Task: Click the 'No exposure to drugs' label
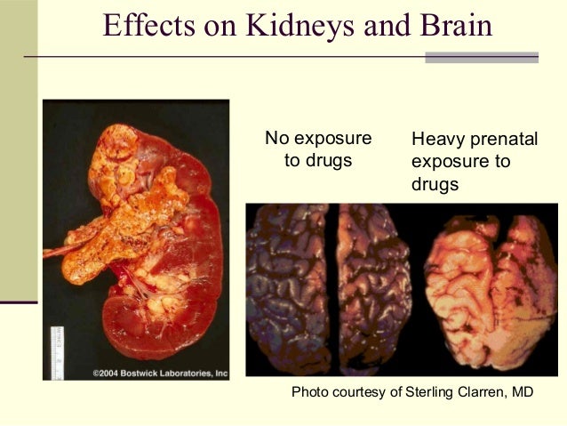coord(318,149)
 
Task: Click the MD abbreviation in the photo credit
coord(521,391)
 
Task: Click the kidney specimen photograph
coord(138,240)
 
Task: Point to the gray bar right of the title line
coord(482,58)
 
